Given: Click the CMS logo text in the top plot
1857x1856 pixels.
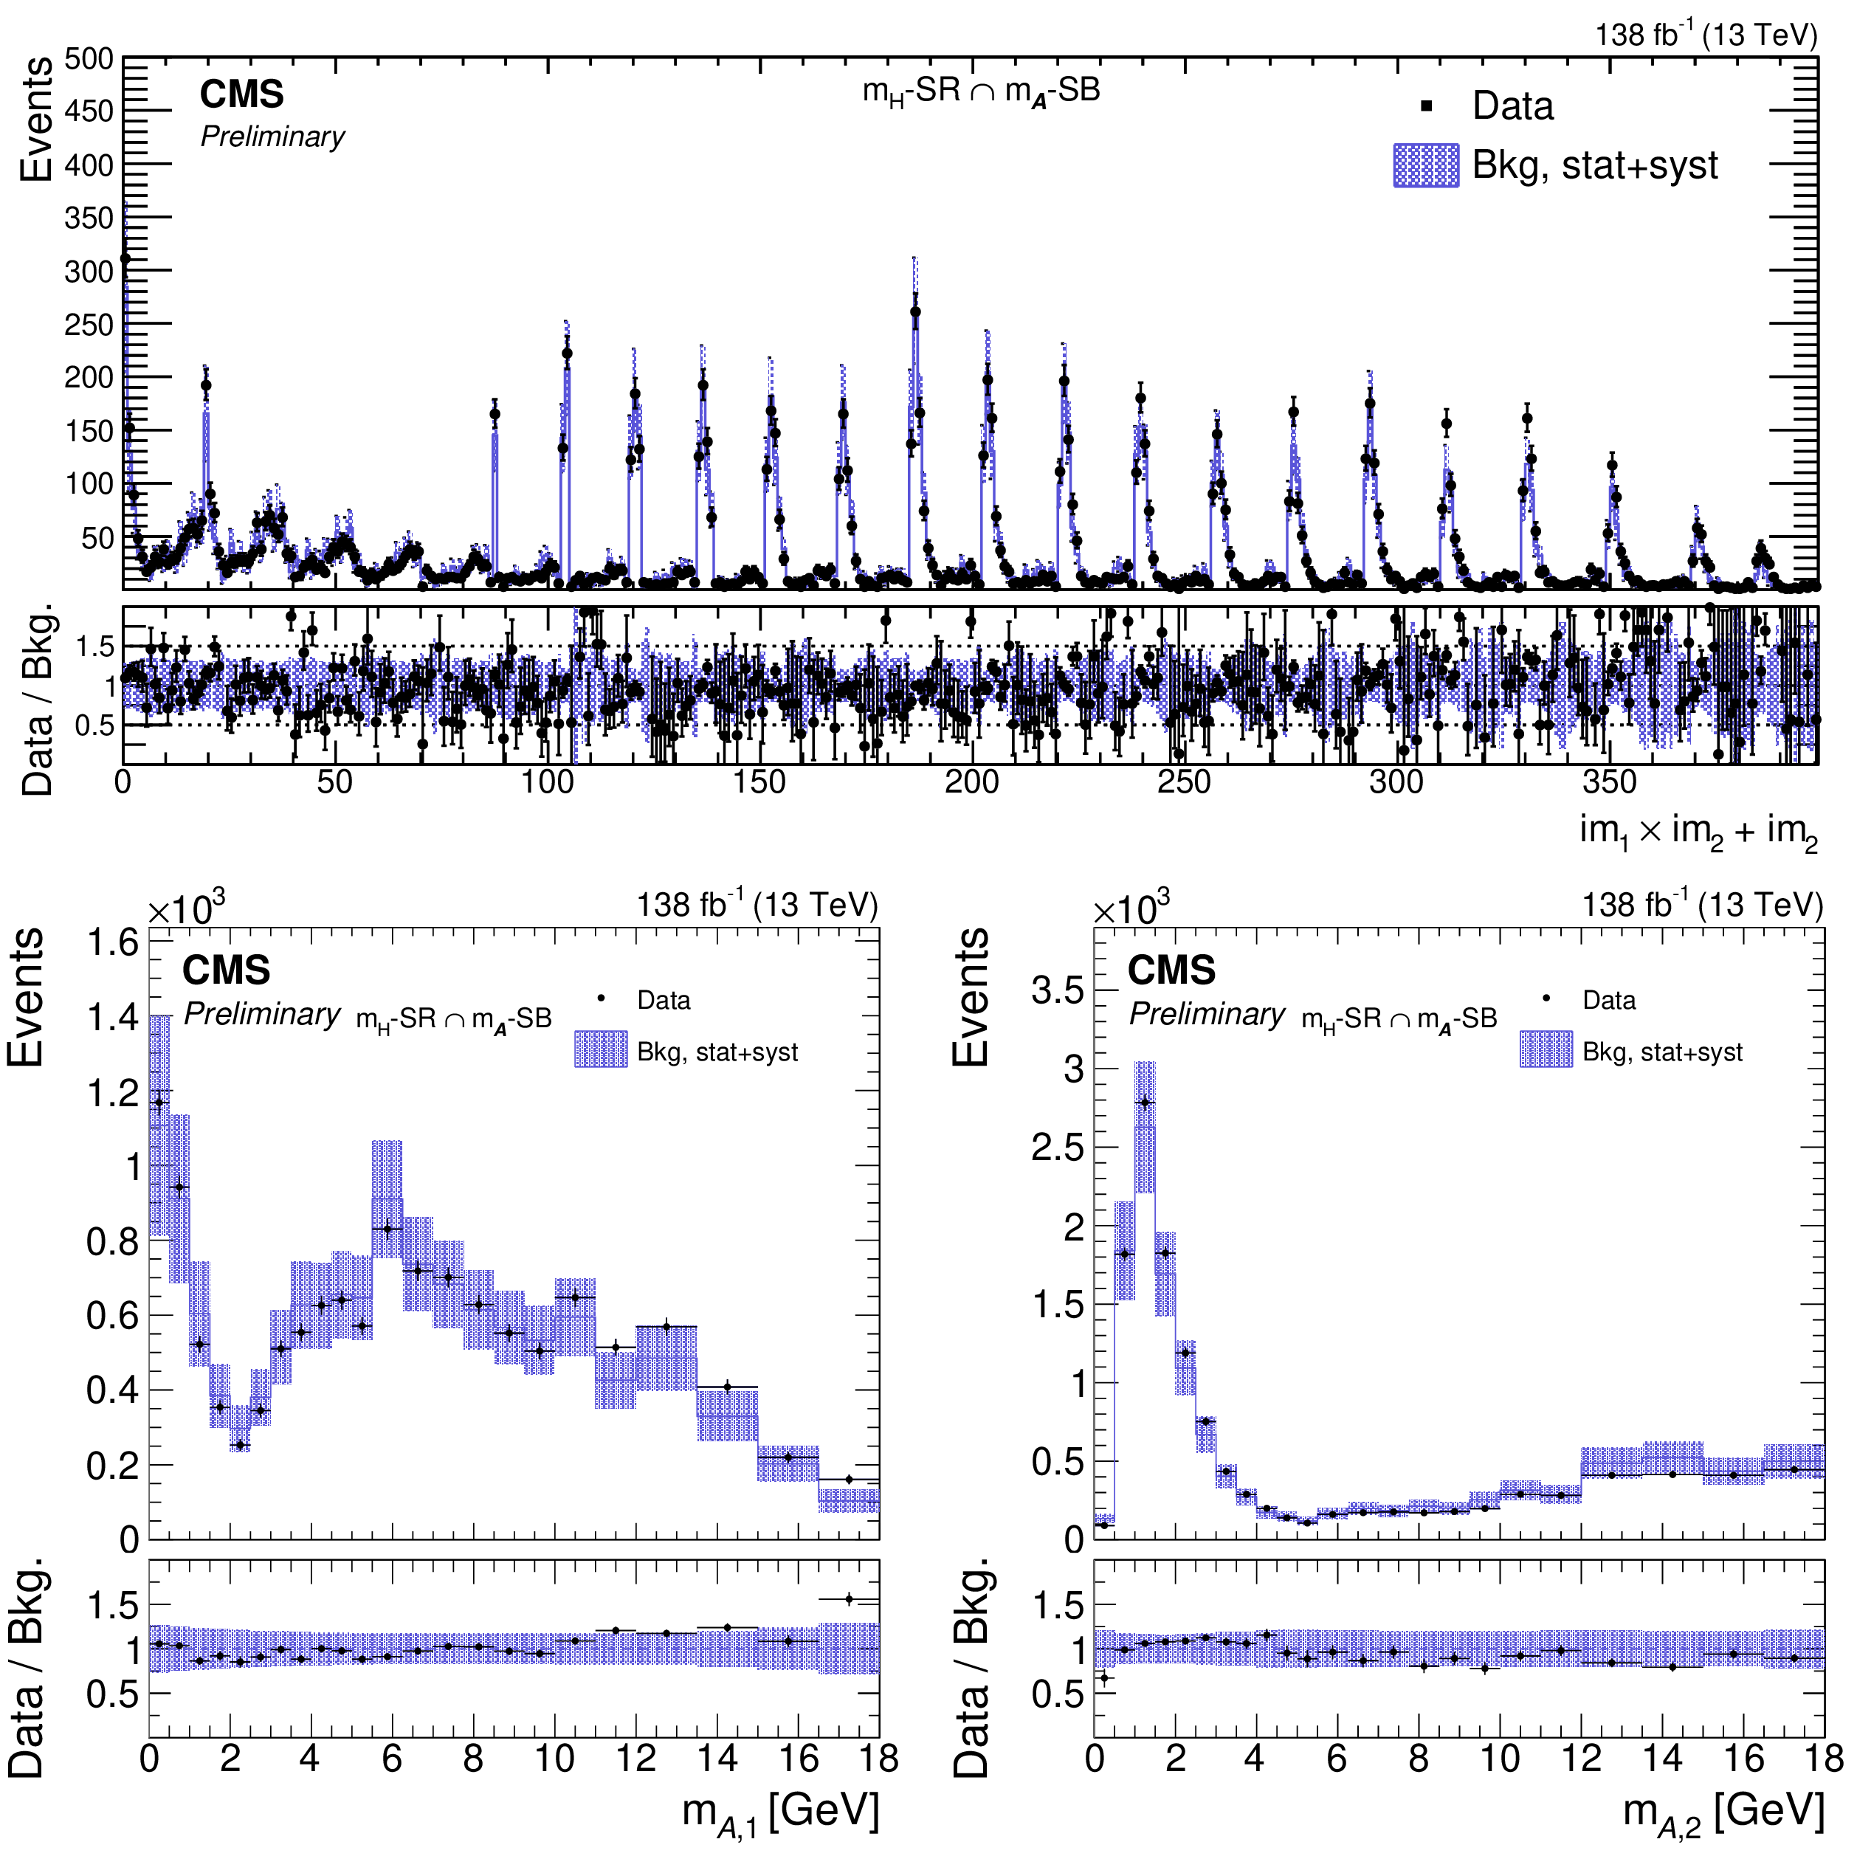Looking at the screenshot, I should point(241,94).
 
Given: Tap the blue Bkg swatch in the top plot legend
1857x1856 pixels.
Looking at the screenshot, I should point(1425,165).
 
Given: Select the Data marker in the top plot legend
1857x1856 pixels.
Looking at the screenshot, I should point(1427,106).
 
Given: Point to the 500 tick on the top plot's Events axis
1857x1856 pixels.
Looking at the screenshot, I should point(89,60).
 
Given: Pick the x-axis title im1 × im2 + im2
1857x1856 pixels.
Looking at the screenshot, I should point(1698,830).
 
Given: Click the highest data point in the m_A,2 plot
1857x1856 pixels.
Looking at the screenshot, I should point(1144,1103).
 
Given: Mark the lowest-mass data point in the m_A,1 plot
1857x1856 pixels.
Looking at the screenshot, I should point(159,1103).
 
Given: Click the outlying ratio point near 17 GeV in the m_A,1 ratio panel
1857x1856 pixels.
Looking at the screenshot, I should point(849,1599).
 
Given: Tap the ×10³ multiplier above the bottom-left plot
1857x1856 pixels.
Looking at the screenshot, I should point(187,906).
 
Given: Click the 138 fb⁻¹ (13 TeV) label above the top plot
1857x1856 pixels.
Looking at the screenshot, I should point(1706,35).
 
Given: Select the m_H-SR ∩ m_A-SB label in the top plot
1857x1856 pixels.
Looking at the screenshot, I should point(980,92).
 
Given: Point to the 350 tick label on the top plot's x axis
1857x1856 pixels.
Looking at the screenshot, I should point(1608,782).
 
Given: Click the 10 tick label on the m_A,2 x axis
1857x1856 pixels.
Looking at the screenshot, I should point(1500,1758).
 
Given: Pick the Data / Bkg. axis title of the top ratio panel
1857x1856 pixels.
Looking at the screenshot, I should point(36,700).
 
